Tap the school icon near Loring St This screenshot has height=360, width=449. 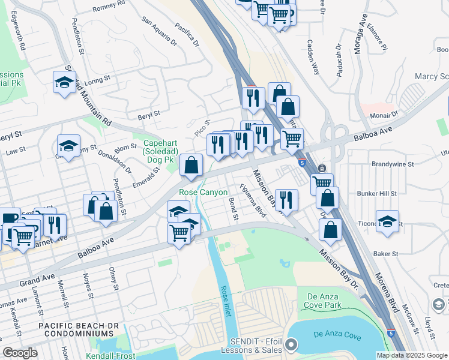pyautogui.click(x=64, y=82)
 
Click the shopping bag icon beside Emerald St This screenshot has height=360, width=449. pyautogui.click(x=191, y=164)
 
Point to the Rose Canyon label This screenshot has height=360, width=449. pyautogui.click(x=203, y=193)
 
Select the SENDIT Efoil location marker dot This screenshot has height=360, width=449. pyautogui.click(x=291, y=344)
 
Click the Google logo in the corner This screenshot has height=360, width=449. pyautogui.click(x=20, y=353)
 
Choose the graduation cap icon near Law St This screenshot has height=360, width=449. pyautogui.click(x=69, y=145)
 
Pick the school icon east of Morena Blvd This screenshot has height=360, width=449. pyautogui.click(x=387, y=220)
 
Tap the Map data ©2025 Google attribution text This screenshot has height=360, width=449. pyautogui.click(x=411, y=355)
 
